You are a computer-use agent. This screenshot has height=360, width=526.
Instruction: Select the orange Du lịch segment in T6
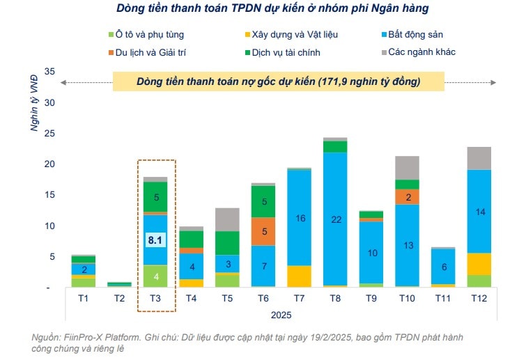263,231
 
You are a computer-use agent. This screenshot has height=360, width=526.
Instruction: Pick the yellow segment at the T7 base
300,276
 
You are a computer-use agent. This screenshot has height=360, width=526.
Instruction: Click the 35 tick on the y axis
49,72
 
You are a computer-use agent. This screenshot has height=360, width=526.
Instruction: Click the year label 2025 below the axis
282,314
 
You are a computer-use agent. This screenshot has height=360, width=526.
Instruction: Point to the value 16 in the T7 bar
300,218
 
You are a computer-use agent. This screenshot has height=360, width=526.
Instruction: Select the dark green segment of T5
227,242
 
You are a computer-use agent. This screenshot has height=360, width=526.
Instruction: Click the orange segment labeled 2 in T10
408,197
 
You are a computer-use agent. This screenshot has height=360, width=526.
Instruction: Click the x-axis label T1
84,299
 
